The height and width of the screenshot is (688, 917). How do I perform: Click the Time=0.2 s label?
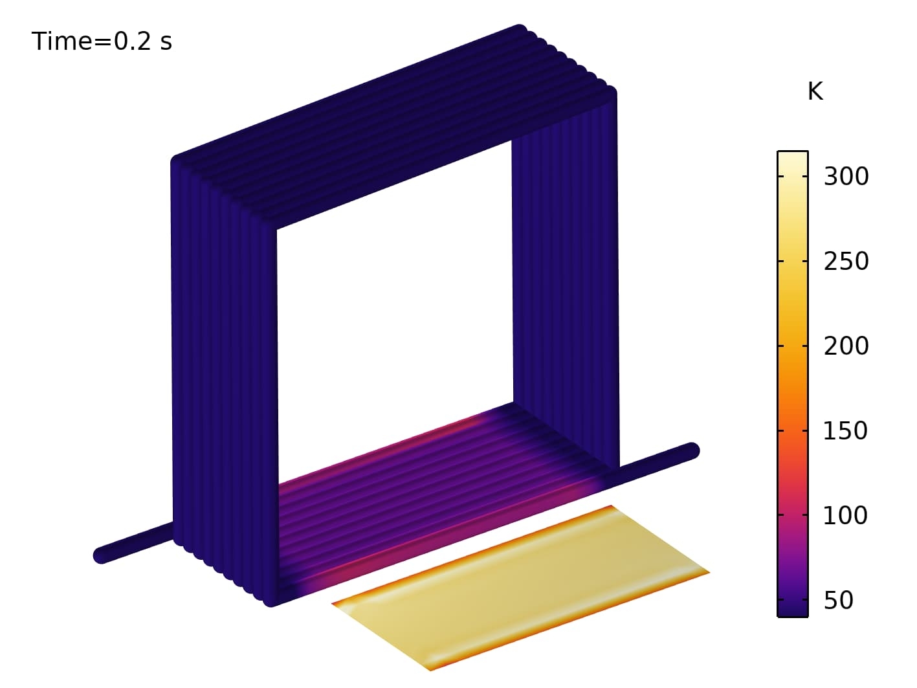[102, 41]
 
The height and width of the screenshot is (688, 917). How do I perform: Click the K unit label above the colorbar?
[815, 92]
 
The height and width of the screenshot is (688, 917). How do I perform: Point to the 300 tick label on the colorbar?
[846, 176]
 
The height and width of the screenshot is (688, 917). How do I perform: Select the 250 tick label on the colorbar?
[846, 261]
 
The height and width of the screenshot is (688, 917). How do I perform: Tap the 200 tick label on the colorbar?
[846, 346]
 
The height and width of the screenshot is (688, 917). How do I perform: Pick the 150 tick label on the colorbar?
[845, 431]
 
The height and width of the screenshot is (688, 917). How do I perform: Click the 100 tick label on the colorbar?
[845, 516]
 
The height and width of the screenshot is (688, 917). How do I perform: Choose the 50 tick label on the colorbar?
[838, 601]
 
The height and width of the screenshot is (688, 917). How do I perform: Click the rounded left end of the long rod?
[101, 555]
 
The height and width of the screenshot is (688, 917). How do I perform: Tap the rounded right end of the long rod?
[692, 450]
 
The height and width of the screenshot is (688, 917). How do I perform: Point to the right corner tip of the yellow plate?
[708, 572]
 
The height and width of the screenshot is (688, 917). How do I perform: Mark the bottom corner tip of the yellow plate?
[430, 669]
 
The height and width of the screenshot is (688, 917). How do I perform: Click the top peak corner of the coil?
[520, 28]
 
